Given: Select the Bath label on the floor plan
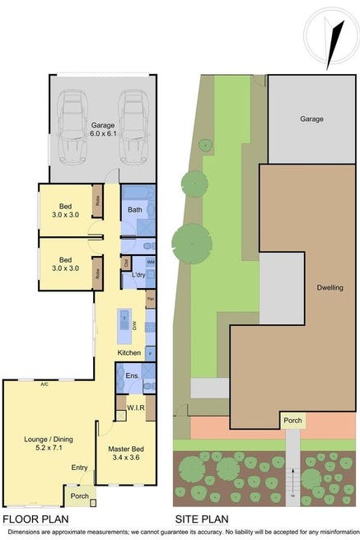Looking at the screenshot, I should (134, 210).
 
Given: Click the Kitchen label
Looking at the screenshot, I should (129, 353).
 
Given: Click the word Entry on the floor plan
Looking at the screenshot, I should (79, 468).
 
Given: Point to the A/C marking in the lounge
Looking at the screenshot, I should (44, 383).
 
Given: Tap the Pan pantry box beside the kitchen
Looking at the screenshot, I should (151, 300).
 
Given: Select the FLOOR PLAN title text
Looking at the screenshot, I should (35, 519).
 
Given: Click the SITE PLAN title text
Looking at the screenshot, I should (201, 519).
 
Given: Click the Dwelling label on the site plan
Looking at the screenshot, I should (329, 287).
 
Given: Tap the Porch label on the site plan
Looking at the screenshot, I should (293, 421).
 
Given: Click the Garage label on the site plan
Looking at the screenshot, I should (311, 119).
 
